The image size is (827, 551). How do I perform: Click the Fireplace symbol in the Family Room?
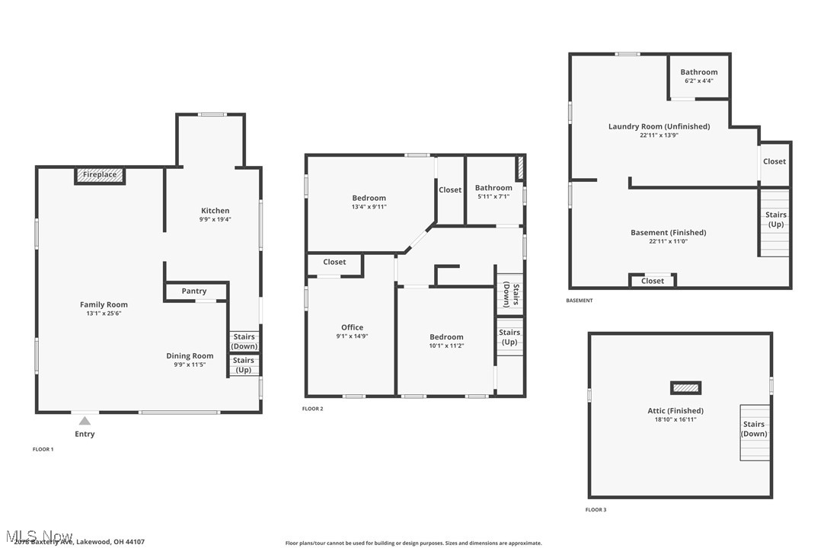[100, 175]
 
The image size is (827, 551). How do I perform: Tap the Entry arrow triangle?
[85, 421]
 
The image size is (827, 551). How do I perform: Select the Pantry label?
[194, 291]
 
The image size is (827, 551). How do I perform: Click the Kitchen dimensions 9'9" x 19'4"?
[215, 219]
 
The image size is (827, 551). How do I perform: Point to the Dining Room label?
[190, 355]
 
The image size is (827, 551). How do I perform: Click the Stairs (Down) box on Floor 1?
[244, 342]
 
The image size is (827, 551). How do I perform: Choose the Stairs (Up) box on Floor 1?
[244, 365]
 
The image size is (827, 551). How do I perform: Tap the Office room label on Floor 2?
[352, 327]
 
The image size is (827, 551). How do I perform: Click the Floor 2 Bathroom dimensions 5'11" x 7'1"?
[493, 196]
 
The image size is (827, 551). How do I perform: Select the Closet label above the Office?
[334, 262]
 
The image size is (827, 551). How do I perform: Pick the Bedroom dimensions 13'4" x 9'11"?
[369, 206]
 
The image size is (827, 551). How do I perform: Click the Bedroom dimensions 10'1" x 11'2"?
[446, 346]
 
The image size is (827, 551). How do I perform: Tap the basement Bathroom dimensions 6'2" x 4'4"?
[698, 81]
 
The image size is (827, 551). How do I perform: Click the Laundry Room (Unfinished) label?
[659, 126]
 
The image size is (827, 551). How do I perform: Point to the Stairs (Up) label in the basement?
[775, 219]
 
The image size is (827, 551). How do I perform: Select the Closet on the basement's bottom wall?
[653, 281]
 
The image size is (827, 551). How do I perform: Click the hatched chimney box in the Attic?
[685, 388]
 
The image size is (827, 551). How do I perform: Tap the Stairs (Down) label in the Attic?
[754, 429]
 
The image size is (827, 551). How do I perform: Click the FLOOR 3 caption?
[596, 509]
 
